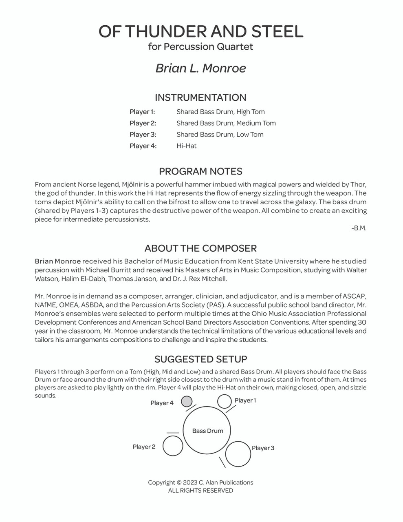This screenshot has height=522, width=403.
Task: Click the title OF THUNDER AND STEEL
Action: pyautogui.click(x=201, y=32)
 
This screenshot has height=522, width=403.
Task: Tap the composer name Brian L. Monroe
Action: pyautogui.click(x=201, y=68)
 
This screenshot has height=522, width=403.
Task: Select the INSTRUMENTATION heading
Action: pyautogui.click(x=200, y=97)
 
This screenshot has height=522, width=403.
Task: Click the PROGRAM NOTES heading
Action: pyautogui.click(x=200, y=171)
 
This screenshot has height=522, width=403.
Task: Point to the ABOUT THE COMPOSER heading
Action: pyautogui.click(x=200, y=248)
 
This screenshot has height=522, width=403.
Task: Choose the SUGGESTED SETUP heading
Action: pyautogui.click(x=200, y=359)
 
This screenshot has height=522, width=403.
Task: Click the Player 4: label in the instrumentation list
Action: pyautogui.click(x=143, y=146)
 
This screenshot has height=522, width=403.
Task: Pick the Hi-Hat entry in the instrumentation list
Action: pyautogui.click(x=187, y=146)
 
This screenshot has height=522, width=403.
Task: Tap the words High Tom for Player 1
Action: pyautogui.click(x=251, y=112)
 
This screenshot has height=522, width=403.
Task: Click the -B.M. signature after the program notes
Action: pyautogui.click(x=359, y=228)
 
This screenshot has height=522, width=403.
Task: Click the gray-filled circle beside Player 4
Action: pyautogui.click(x=187, y=402)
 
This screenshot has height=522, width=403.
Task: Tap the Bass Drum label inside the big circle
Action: pyautogui.click(x=208, y=431)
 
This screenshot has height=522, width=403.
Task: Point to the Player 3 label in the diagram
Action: pyautogui.click(x=263, y=448)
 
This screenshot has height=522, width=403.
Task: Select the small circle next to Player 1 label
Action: pyautogui.click(x=225, y=401)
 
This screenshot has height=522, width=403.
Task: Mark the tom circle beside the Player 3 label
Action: pyautogui.click(x=238, y=454)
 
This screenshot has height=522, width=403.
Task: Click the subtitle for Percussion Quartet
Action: pyautogui.click(x=201, y=47)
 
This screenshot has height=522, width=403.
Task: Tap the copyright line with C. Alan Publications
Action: pyautogui.click(x=200, y=482)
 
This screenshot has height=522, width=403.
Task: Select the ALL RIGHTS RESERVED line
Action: pyautogui.click(x=200, y=491)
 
